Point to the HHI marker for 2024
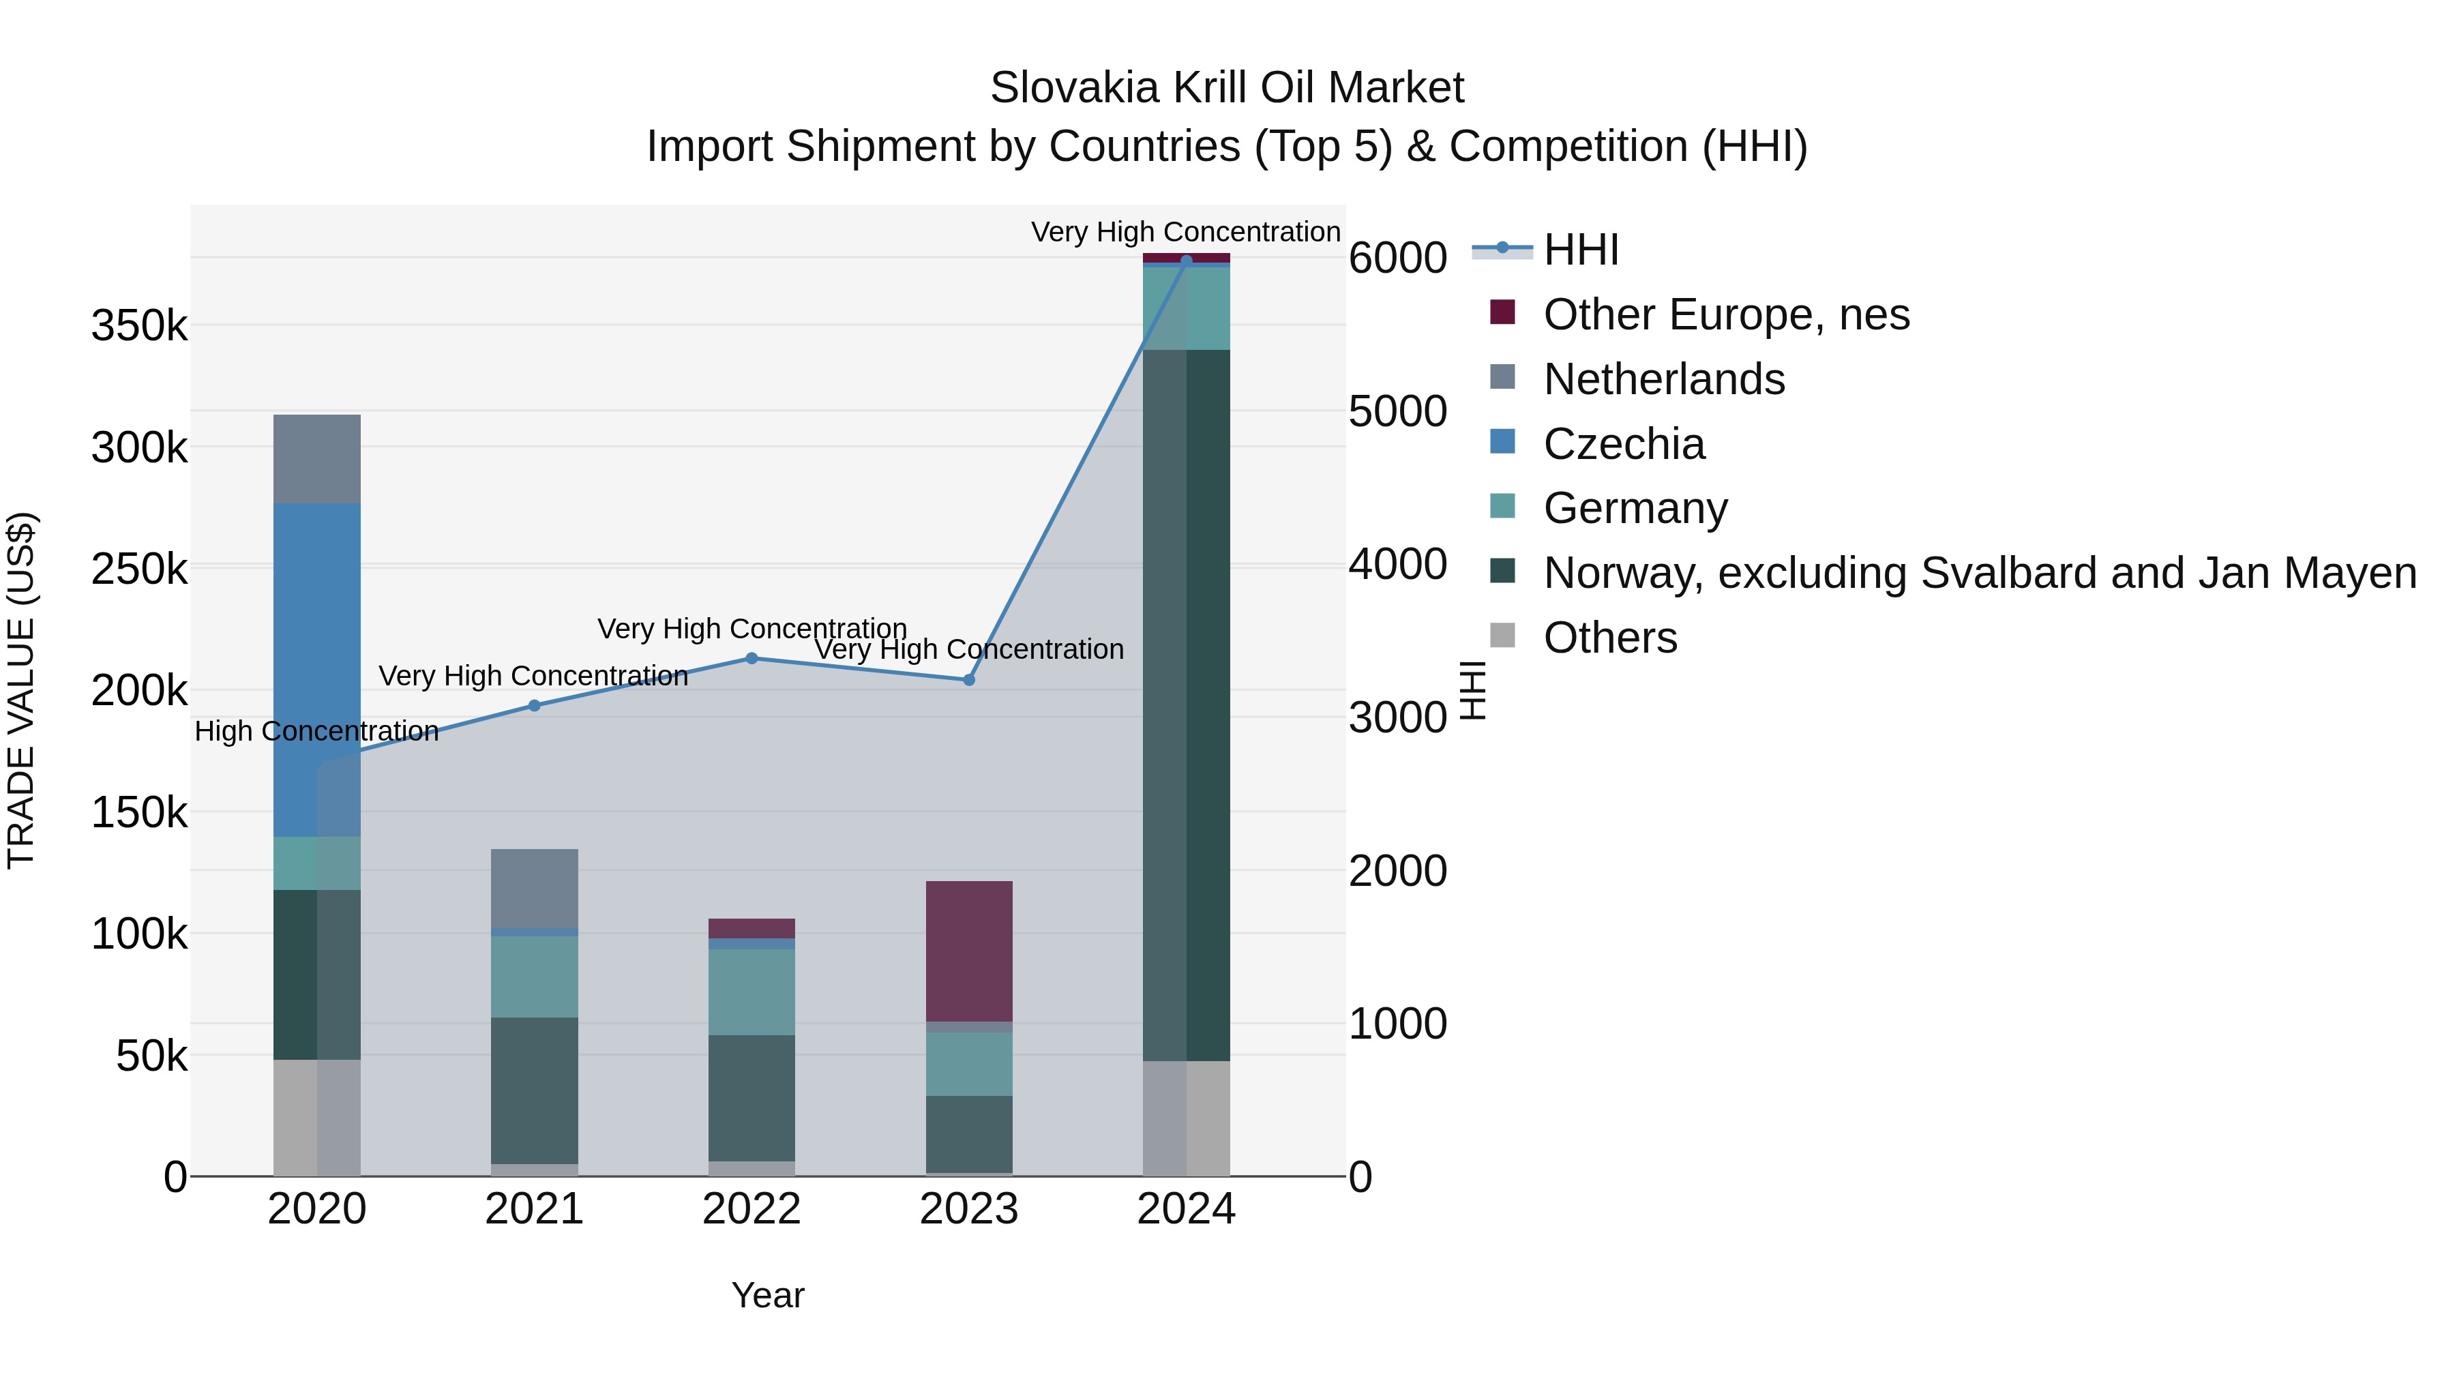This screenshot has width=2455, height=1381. click(x=1186, y=261)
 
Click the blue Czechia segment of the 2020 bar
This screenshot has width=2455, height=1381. click(x=316, y=667)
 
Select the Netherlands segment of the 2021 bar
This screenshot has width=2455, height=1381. click(x=534, y=887)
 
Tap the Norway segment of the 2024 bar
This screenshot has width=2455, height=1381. click(x=1186, y=705)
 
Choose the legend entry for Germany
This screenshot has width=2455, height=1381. click(x=1635, y=508)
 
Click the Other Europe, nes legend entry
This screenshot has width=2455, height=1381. click(x=1725, y=314)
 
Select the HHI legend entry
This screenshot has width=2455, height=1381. click(x=1580, y=250)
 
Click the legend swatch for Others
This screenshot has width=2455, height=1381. click(x=1502, y=635)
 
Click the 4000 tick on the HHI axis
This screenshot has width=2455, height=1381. click(x=1397, y=564)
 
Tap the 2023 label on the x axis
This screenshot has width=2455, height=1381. click(x=968, y=1209)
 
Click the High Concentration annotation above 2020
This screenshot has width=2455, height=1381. click(x=316, y=731)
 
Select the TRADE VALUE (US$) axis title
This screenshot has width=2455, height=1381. click(x=21, y=690)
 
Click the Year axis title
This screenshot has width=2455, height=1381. click(x=767, y=1295)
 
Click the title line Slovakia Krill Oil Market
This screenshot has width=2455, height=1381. click(x=1227, y=88)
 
